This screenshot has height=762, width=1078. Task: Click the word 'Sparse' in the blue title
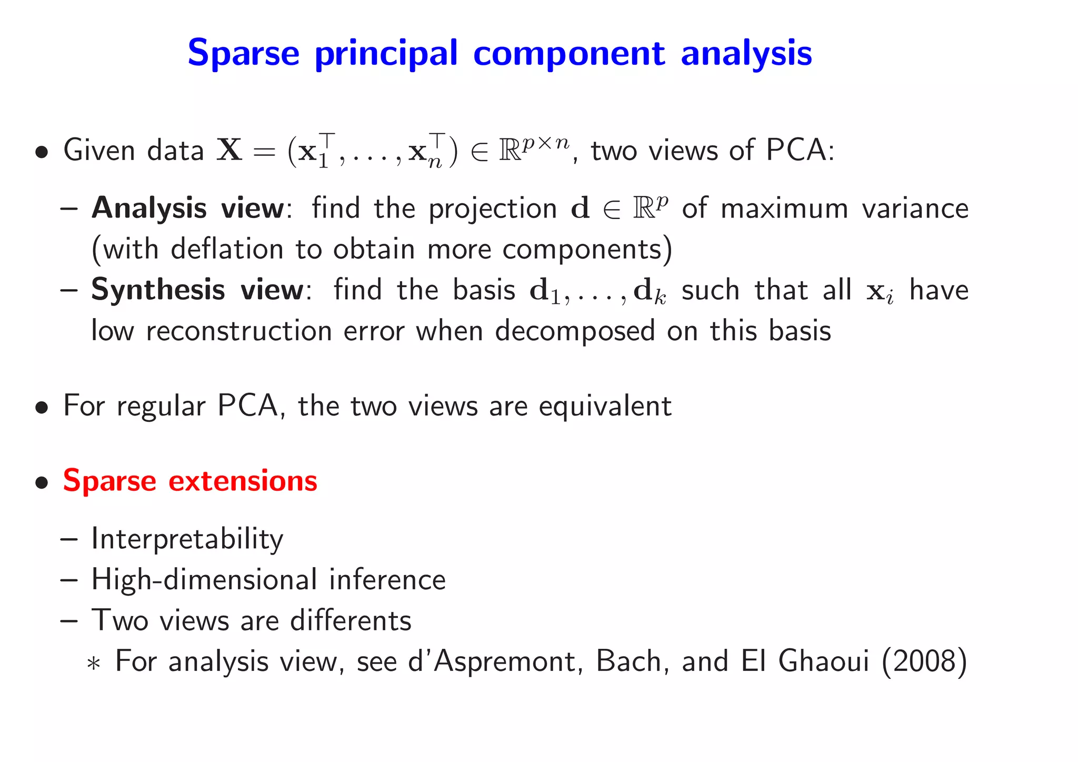243,53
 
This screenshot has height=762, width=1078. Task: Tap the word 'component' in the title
569,54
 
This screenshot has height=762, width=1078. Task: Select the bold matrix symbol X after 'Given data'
230,150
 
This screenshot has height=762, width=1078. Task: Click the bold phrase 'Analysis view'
188,209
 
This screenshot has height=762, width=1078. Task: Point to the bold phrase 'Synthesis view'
197,290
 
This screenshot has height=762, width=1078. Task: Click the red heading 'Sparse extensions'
190,481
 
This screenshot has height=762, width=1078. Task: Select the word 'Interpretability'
187,539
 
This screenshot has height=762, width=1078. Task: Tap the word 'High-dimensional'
203,580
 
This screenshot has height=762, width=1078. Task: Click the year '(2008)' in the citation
924,661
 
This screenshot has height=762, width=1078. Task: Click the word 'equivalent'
605,406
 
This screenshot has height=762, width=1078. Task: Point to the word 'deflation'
227,249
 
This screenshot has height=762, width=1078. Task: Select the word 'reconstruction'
239,331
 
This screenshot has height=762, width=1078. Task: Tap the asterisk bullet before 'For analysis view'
94,664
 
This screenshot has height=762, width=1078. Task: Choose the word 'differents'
351,620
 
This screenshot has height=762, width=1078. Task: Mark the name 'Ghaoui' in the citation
823,661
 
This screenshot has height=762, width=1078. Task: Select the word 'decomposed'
575,331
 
